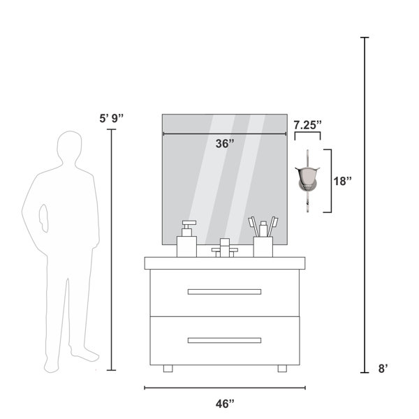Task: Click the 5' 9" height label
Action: point(112,118)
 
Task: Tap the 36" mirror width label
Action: point(225,144)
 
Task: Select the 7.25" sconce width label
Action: point(307,125)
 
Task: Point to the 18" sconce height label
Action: point(342,181)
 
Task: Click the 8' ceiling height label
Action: point(383,369)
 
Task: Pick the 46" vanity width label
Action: point(225,404)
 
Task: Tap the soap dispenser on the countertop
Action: point(186,239)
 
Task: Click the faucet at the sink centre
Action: point(225,248)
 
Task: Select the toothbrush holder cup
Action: point(263,247)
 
